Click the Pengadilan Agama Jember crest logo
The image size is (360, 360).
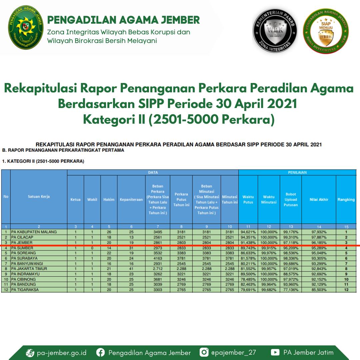[25, 27]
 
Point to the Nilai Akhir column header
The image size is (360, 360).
[319, 200]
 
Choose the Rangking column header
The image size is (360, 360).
[346, 200]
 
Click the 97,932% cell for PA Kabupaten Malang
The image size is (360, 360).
[319, 232]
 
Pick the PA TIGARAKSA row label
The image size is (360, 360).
[25, 290]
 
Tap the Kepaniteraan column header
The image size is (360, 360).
[131, 200]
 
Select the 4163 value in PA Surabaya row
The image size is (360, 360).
[158, 258]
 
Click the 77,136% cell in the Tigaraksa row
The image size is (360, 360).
[291, 290]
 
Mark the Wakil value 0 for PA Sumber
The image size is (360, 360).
[92, 248]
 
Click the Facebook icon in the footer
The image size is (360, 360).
[100, 352]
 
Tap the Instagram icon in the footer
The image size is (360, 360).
[204, 352]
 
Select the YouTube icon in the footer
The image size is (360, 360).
[275, 352]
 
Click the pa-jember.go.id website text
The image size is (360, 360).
[62, 353]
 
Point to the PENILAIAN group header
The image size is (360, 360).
[297, 173]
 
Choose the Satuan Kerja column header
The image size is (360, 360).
[39, 197]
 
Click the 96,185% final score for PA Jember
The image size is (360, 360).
[319, 243]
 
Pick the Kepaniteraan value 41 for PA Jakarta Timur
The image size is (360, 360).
[131, 269]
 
